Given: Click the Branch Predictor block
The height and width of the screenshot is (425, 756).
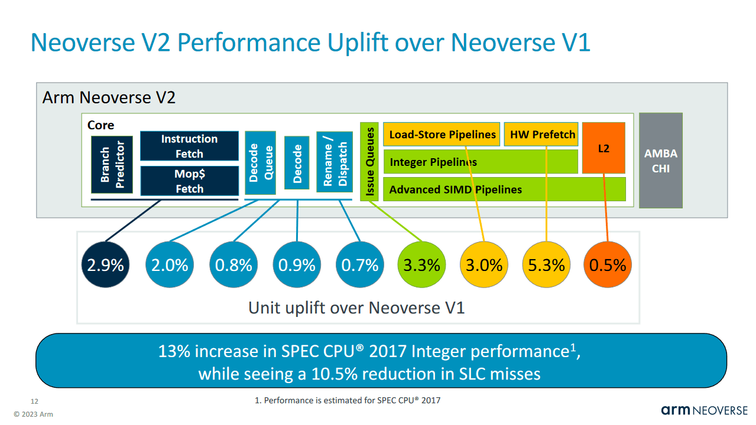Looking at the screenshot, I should (x=112, y=164).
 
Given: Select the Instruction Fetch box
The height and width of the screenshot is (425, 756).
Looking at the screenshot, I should (x=189, y=146).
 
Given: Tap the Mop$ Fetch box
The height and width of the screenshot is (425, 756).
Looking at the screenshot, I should (x=189, y=181).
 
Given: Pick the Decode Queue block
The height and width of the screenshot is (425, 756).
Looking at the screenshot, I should (x=261, y=162).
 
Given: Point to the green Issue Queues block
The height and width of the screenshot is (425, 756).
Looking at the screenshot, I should (x=369, y=161).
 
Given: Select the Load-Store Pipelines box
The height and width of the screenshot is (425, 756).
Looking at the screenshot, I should (x=442, y=134).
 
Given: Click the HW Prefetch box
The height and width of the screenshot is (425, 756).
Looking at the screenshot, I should (x=542, y=134).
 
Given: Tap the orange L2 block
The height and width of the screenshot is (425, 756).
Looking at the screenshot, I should (x=603, y=148).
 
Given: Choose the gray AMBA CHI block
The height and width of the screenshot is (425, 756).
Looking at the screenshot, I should (x=661, y=161).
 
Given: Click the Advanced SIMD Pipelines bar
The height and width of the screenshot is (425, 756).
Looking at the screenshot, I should (x=504, y=189).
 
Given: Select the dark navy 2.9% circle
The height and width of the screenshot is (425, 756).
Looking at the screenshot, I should (x=105, y=265).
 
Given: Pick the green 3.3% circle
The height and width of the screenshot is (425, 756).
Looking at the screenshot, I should (x=421, y=265).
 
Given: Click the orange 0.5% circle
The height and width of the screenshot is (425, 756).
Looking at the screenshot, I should (x=608, y=265).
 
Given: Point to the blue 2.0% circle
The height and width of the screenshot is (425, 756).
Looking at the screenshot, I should (x=169, y=265).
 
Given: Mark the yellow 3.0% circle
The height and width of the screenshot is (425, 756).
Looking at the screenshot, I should (x=484, y=265).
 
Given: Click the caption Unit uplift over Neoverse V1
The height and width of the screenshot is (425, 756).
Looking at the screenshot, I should (x=356, y=308).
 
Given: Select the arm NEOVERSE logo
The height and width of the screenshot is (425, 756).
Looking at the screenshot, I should (x=704, y=410).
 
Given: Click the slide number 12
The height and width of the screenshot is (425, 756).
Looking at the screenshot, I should (x=34, y=401).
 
